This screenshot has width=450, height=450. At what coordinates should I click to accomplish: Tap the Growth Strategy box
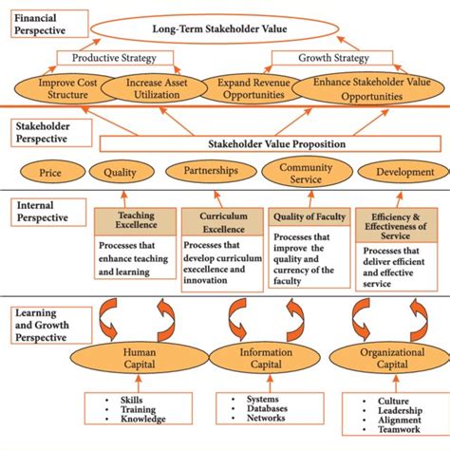[321, 58]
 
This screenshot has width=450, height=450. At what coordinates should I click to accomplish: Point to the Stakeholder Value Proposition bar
[275, 143]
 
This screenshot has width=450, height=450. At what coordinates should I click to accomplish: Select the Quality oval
[120, 173]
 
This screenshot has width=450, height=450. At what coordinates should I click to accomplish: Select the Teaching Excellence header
[136, 221]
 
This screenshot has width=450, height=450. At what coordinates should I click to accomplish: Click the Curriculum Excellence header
[222, 221]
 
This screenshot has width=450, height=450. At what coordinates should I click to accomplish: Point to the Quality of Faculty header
[309, 216]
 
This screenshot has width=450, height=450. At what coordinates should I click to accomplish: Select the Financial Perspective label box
[49, 22]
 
